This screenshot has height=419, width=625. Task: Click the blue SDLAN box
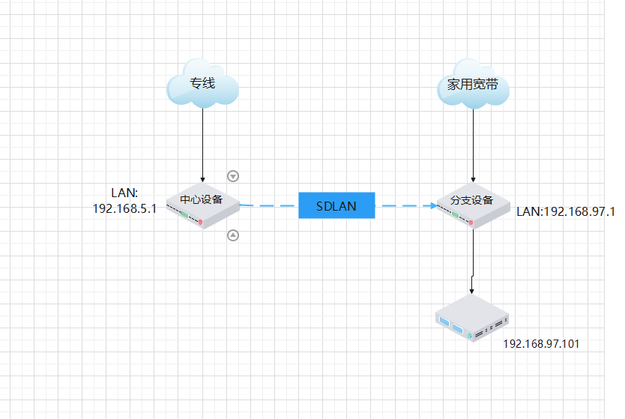click(336, 205)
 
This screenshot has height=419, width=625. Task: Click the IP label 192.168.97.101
click(541, 344)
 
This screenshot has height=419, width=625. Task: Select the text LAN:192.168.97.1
click(566, 212)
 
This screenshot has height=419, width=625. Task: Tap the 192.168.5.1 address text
click(124, 208)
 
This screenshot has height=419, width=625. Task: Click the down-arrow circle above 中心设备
click(233, 176)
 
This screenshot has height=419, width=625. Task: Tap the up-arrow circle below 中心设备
click(233, 235)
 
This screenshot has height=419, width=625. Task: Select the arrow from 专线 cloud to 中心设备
click(202, 142)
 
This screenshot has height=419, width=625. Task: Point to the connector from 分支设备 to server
click(473, 259)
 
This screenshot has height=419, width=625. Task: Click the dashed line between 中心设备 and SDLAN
click(268, 205)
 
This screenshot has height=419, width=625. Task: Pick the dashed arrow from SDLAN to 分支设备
click(405, 205)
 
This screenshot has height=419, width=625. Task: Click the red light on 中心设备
click(201, 223)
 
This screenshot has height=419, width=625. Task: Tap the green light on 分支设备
click(454, 214)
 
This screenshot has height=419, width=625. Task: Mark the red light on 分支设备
click(471, 223)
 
